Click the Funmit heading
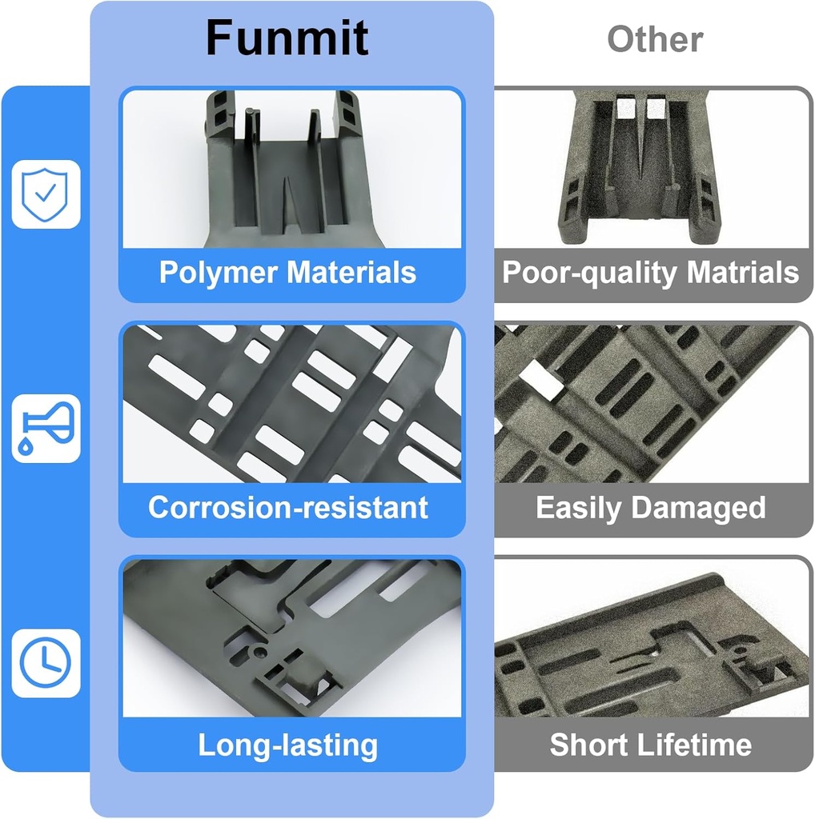pos(287,38)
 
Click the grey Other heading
pos(655,38)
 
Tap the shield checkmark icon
pos(46,194)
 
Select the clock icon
pos(46,663)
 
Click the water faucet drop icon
pos(46,428)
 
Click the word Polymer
pos(219,273)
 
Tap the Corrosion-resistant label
pos(288,508)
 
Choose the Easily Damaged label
pos(651,508)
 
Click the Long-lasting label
pos(288,745)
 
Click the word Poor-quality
pos(589,273)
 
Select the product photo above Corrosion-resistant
pos(292,404)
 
